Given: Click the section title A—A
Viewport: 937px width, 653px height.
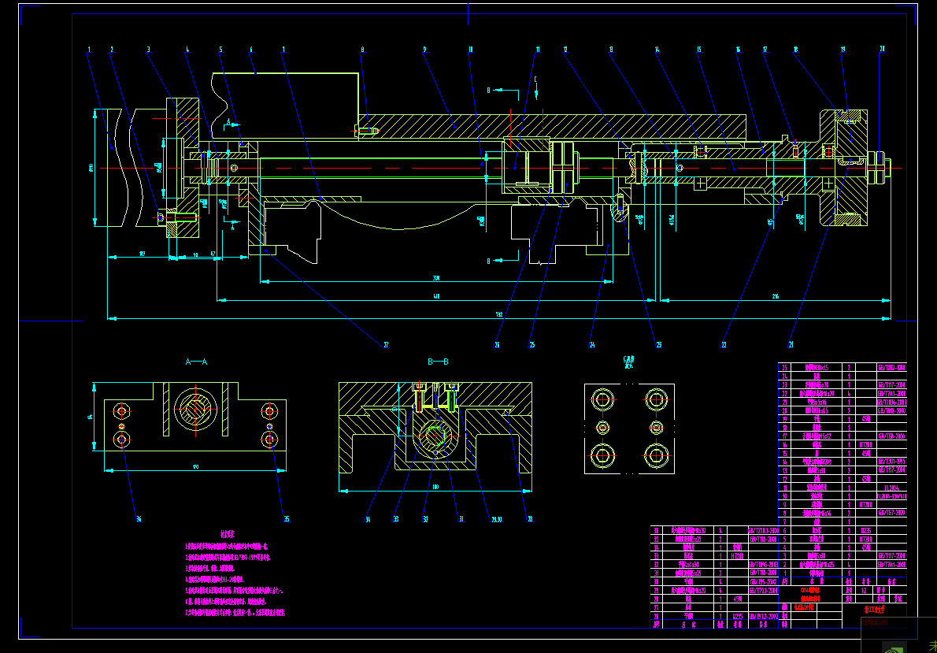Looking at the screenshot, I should pyautogui.click(x=196, y=362).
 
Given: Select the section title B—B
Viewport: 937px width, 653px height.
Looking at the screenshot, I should pyautogui.click(x=438, y=362).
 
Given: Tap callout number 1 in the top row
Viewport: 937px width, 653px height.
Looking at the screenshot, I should pyautogui.click(x=89, y=50).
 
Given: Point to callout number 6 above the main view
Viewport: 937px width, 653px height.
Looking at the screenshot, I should pyautogui.click(x=251, y=50).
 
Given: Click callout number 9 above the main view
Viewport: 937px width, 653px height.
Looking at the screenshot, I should pyautogui.click(x=424, y=50).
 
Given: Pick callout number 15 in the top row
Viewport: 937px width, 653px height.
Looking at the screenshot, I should pyautogui.click(x=698, y=50).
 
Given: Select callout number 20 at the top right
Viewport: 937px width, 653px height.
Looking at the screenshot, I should pyautogui.click(x=882, y=49).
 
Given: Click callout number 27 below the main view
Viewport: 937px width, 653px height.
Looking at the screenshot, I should pyautogui.click(x=386, y=344).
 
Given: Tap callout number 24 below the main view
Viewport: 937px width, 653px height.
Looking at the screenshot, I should pyautogui.click(x=591, y=344).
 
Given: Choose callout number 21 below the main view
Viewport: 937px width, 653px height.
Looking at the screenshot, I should pyautogui.click(x=791, y=344).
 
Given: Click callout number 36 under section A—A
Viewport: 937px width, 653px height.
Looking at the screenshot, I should pyautogui.click(x=138, y=519).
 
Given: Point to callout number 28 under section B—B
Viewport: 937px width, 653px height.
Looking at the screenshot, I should pyautogui.click(x=530, y=519).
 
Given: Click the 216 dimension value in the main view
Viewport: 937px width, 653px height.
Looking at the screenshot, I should pyautogui.click(x=775, y=296).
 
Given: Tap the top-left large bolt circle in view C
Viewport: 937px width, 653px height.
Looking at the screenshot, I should pyautogui.click(x=603, y=399).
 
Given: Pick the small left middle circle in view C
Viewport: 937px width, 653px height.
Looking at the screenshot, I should pyautogui.click(x=603, y=427).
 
